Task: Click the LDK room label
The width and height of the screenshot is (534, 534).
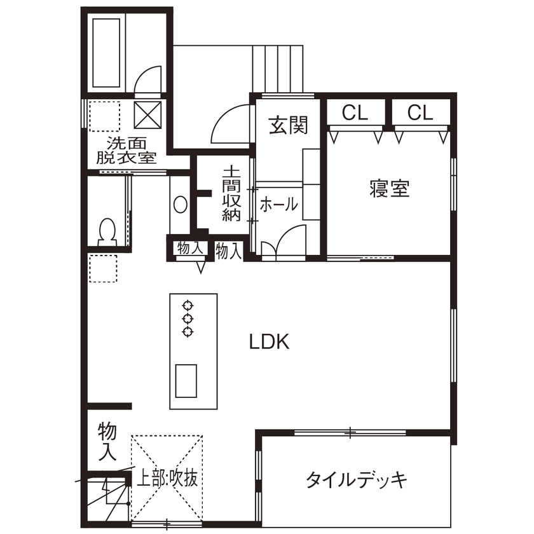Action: tap(270, 343)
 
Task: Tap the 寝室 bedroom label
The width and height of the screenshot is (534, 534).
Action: tap(389, 189)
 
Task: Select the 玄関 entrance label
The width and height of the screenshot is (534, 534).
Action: tap(288, 125)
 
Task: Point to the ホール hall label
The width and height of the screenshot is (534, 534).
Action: tap(278, 204)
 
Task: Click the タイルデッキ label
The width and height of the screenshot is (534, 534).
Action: tap(356, 480)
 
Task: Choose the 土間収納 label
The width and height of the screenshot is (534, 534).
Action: tap(231, 194)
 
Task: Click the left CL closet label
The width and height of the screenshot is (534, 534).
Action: tap(355, 113)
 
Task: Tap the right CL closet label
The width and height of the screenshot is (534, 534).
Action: tap(420, 113)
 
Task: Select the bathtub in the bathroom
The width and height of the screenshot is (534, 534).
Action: tap(106, 52)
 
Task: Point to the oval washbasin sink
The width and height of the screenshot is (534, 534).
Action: tap(181, 205)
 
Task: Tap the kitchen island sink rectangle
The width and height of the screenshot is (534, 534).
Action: tap(186, 380)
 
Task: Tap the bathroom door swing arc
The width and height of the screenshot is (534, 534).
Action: tap(149, 81)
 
